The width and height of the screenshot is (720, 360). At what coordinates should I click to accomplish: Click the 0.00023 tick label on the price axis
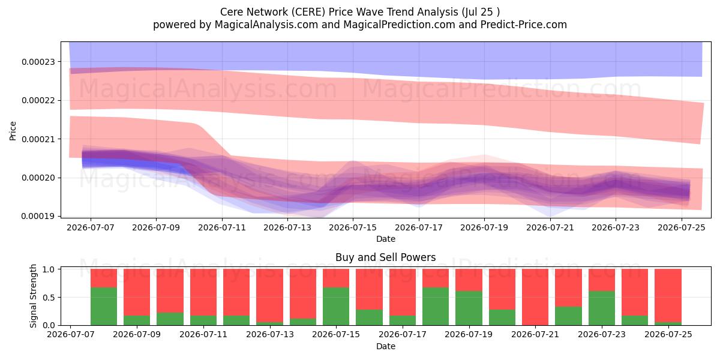pyautogui.click(x=38, y=62)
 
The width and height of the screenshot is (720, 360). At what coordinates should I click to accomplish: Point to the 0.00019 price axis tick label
pyautogui.click(x=38, y=217)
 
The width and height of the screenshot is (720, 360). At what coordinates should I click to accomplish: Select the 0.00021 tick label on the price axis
pyautogui.click(x=38, y=139)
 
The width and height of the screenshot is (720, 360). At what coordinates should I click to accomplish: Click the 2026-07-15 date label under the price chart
pyautogui.click(x=353, y=228)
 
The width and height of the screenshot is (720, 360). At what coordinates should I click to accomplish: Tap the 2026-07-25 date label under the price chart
pyautogui.click(x=682, y=228)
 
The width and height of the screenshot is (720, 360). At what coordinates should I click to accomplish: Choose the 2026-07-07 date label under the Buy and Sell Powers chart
pyautogui.click(x=71, y=335)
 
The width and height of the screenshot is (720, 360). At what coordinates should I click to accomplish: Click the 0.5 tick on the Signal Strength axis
pyautogui.click(x=49, y=298)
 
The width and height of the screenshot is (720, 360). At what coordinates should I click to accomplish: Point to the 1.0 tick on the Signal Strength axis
pyautogui.click(x=49, y=269)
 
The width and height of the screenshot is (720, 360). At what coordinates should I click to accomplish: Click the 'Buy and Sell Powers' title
pyautogui.click(x=385, y=257)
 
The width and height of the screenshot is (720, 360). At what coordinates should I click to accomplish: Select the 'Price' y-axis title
pyautogui.click(x=13, y=131)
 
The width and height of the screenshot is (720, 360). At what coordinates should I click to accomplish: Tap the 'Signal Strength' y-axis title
pyautogui.click(x=33, y=296)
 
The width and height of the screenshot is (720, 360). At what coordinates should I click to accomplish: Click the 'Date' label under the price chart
pyautogui.click(x=386, y=239)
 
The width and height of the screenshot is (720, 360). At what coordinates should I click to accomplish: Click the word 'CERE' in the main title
pyautogui.click(x=308, y=12)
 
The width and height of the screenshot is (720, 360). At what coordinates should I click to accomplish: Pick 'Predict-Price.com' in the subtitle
pyautogui.click(x=524, y=25)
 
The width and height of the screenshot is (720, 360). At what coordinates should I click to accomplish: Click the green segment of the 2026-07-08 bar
pyautogui.click(x=104, y=307)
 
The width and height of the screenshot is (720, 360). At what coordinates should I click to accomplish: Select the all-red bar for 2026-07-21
pyautogui.click(x=535, y=297)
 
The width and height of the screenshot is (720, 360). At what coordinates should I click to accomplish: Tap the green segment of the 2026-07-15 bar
pyautogui.click(x=336, y=307)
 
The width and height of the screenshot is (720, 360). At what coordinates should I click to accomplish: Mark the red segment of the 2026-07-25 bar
pyautogui.click(x=668, y=295)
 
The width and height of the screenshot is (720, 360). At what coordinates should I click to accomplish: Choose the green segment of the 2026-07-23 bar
pyautogui.click(x=602, y=308)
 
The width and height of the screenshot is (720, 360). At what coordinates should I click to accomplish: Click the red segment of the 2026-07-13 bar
pyautogui.click(x=269, y=295)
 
